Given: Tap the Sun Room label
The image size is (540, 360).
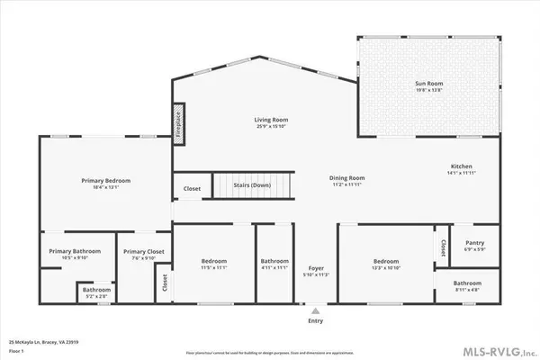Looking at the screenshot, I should tap(428, 84).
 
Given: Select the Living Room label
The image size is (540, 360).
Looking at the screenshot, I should tap(268, 120).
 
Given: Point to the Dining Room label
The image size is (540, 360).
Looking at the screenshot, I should tap(346, 177).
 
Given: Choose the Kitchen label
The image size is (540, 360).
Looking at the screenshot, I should tap(462, 167).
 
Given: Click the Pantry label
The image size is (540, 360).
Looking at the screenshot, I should tap(472, 243).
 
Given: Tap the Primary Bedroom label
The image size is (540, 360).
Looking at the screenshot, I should tap(106, 181).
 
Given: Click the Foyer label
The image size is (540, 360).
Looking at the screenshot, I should tap(315, 268).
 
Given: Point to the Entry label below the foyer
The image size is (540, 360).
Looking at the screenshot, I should tap(315, 319).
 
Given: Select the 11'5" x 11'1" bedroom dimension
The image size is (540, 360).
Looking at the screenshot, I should tap(214, 267).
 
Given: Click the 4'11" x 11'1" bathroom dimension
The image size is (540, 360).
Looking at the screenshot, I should tap(274, 267).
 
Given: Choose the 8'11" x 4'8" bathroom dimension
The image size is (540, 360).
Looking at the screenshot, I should tap(473, 289).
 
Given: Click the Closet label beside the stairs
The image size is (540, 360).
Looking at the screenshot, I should tap(192, 189).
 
